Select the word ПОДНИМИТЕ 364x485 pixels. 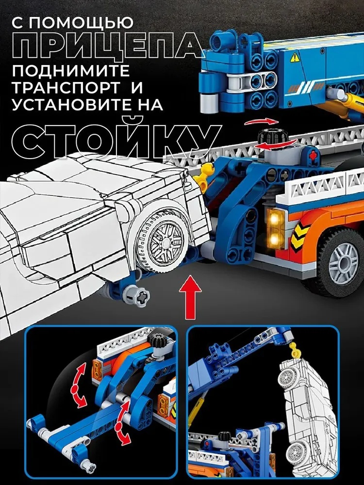(71, 70)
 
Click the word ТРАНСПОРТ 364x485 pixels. (66, 87)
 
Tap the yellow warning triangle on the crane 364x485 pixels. (295, 58)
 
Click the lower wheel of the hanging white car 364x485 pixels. (296, 453)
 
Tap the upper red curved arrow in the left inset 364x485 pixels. (79, 385)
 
